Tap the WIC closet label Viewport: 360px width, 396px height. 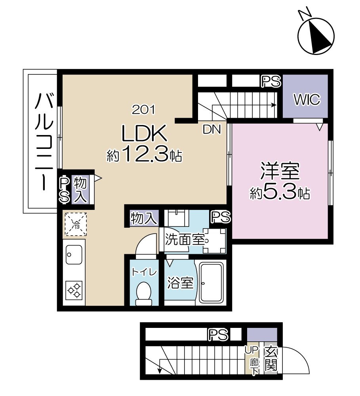[x=307, y=99]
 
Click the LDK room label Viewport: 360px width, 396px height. [x=144, y=133]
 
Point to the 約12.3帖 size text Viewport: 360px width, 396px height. [x=144, y=154]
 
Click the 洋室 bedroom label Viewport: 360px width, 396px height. [x=280, y=172]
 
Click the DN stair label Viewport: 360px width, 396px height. [x=212, y=129]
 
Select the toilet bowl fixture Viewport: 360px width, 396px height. [x=144, y=293]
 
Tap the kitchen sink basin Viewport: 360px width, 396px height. [x=74, y=254]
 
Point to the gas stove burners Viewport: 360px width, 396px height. [x=74, y=290]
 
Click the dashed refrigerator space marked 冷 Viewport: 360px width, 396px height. [x=76, y=224]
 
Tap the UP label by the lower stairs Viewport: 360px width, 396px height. [x=251, y=350]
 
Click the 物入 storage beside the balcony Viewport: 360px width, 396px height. [x=80, y=189]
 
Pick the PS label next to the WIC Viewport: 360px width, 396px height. [x=271, y=81]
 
